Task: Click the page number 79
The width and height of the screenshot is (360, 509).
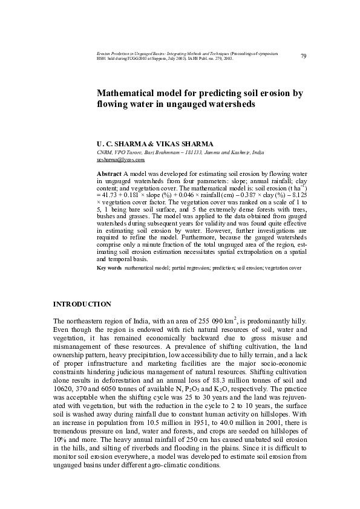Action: pyautogui.click(x=303, y=56)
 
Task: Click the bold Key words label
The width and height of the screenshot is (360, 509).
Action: pyautogui.click(x=109, y=267)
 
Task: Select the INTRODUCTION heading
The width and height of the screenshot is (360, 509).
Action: pyautogui.click(x=82, y=303)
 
